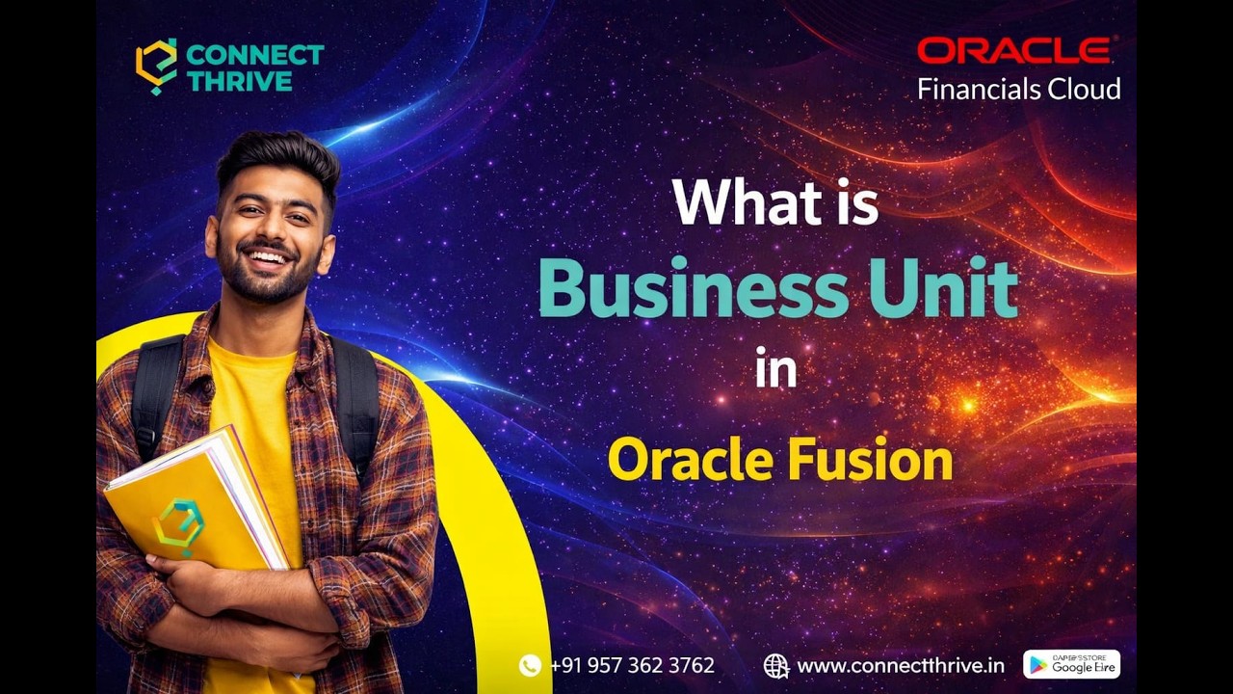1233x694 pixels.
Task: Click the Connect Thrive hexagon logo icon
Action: [156, 67]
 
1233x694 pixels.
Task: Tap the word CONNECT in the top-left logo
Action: [255, 55]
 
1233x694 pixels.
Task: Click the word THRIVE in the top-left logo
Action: [240, 81]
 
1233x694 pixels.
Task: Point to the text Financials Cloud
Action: [1018, 90]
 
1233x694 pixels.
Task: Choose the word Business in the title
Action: [680, 288]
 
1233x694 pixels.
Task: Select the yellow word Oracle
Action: [690, 460]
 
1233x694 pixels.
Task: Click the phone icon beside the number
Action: [530, 665]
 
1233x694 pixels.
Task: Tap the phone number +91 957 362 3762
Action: [632, 665]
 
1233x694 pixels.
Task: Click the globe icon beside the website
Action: [775, 665]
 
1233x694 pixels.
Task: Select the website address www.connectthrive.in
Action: [901, 665]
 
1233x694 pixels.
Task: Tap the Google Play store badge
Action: [1071, 664]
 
